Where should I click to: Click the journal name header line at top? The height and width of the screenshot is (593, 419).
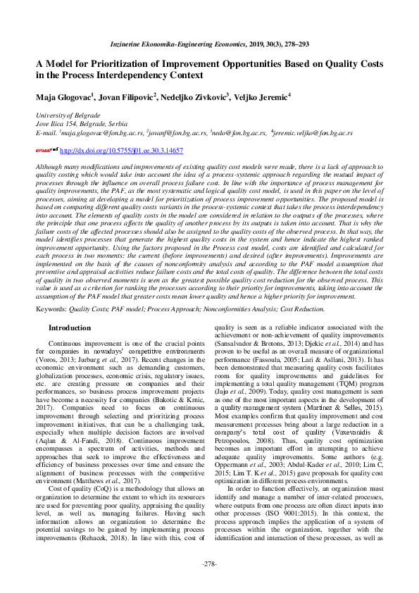pyautogui.click(x=209, y=43)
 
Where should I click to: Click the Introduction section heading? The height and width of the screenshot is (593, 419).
pyautogui.click(x=70, y=328)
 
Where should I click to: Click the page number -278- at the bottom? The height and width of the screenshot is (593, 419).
pyautogui.click(x=209, y=564)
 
